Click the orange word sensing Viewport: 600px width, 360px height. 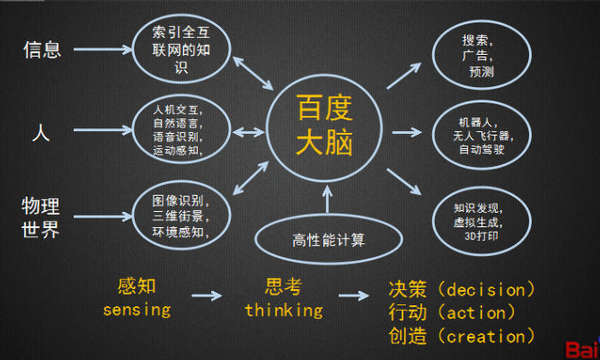[x=137, y=309]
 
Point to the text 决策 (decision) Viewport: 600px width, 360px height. [x=462, y=289]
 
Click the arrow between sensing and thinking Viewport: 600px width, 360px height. [x=207, y=296]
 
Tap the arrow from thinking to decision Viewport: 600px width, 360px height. [x=355, y=296]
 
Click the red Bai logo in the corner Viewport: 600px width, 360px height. [x=581, y=350]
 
